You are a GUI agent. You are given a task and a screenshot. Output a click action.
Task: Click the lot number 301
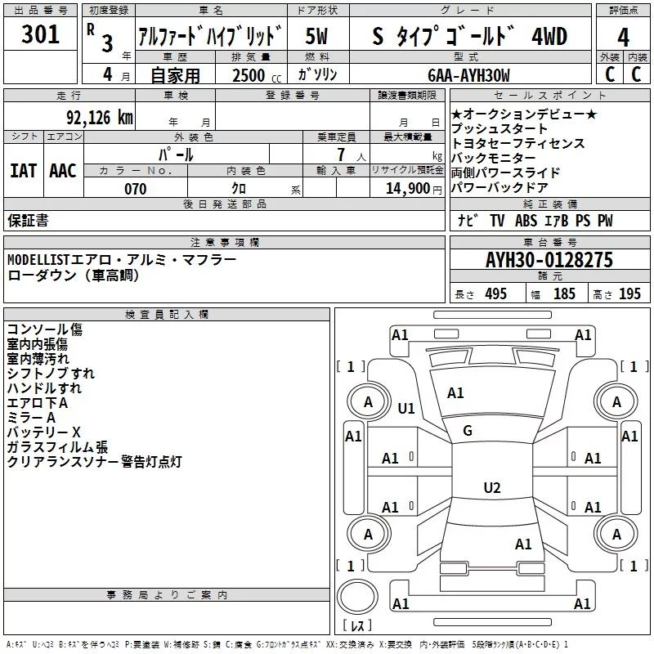pyautogui.click(x=40, y=35)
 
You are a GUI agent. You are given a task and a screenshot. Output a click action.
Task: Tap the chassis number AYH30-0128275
pyautogui.click(x=549, y=260)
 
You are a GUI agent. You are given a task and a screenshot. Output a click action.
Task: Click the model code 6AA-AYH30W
pyautogui.click(x=468, y=75)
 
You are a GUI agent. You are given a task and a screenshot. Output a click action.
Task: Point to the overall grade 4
pyautogui.click(x=623, y=37)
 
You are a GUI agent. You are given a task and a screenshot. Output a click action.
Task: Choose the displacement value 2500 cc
pyautogui.click(x=249, y=75)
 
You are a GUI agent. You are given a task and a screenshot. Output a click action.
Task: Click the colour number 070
pyautogui.click(x=135, y=189)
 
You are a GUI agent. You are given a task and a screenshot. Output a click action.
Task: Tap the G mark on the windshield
pyautogui.click(x=468, y=431)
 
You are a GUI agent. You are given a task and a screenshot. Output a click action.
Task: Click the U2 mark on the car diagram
pyautogui.click(x=491, y=488)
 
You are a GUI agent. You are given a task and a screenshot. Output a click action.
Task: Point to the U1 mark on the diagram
pyautogui.click(x=405, y=409)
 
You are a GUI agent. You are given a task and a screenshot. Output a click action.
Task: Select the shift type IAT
pyautogui.click(x=23, y=171)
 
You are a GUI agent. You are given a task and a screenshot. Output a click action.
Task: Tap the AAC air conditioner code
pyautogui.click(x=62, y=171)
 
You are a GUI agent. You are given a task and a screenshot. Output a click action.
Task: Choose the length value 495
pyautogui.click(x=495, y=294)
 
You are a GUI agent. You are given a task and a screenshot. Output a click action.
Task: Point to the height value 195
pyautogui.click(x=629, y=294)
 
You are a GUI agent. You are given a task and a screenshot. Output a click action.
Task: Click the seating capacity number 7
pyautogui.click(x=339, y=155)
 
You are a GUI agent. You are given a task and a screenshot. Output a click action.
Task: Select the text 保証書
pyautogui.click(x=28, y=221)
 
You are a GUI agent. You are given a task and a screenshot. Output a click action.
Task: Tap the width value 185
pyautogui.click(x=564, y=294)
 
